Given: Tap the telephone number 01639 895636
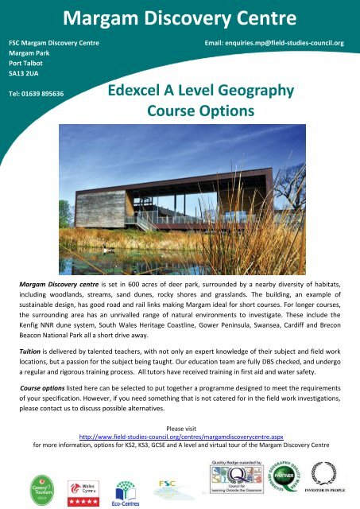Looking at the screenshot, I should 36,93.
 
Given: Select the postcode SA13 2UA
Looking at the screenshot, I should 23,72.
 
